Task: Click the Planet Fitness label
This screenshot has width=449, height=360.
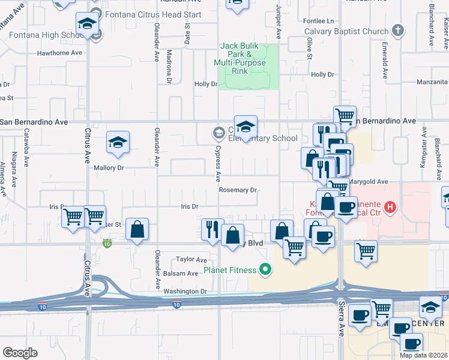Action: [229, 270]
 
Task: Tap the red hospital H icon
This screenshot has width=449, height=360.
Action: [391, 208]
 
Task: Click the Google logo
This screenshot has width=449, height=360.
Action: [20, 353]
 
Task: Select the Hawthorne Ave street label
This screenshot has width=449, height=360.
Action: [59, 53]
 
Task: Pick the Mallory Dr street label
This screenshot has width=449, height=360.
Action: [109, 168]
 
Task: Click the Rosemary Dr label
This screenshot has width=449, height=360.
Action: [238, 190]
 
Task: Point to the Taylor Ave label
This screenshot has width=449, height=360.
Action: [191, 260]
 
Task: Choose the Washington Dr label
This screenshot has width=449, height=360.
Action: [185, 292]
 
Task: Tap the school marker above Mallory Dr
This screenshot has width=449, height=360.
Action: [118, 142]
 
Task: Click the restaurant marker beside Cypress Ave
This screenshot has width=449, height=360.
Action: [212, 230]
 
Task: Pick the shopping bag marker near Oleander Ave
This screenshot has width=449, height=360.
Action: [137, 229]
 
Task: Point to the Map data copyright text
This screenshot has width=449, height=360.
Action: [424, 355]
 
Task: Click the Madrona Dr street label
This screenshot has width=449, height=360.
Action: [169, 64]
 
